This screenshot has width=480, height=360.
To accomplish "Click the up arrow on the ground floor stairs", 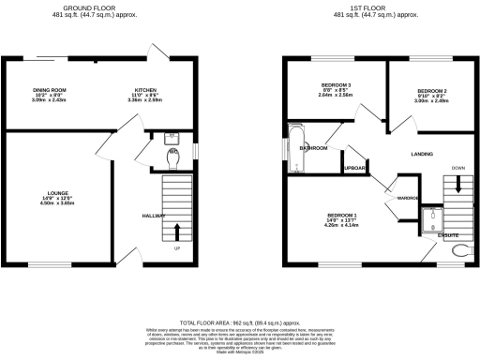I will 177,231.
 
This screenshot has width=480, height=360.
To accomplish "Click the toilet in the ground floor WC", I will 169,161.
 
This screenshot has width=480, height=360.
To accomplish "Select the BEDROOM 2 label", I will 431,91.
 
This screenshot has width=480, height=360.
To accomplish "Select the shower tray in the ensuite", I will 430,219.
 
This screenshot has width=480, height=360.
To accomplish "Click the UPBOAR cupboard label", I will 353,169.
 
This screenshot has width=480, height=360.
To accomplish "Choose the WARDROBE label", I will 407,199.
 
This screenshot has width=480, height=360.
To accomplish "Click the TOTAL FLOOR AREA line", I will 240,321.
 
